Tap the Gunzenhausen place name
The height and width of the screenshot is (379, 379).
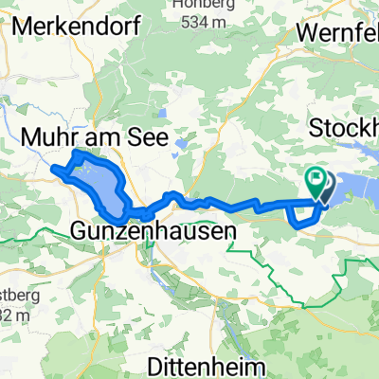[153, 228]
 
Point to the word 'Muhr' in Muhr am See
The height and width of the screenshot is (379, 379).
[49, 137]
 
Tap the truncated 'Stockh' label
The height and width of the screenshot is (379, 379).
[346, 127]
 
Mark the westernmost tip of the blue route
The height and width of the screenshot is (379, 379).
[52, 170]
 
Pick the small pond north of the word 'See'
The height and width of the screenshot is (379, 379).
[162, 119]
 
